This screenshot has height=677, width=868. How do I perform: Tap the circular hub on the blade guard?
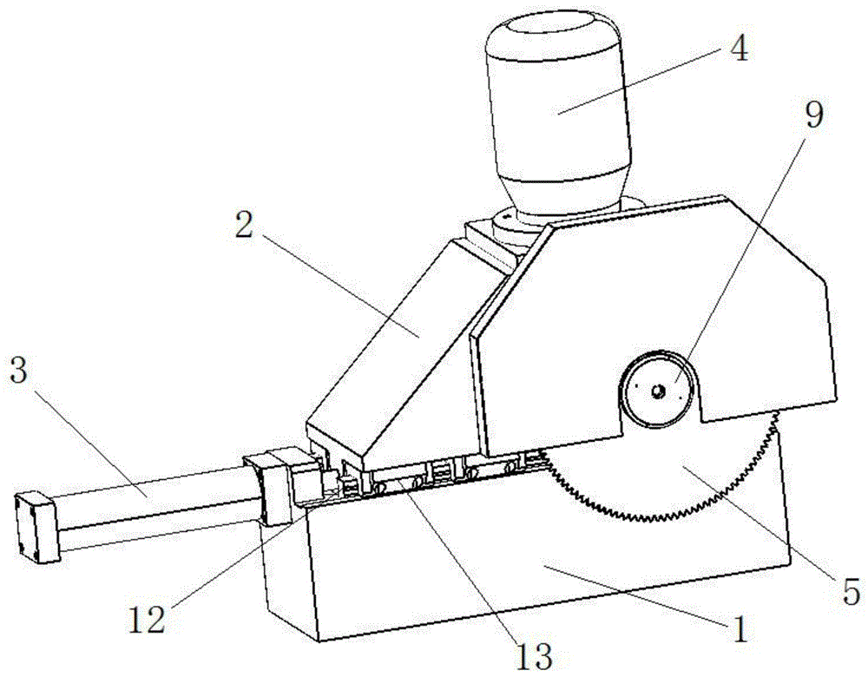click(657, 391)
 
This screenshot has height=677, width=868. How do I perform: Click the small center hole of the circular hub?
click(657, 391)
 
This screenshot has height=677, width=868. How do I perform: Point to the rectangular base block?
click(521, 573)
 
